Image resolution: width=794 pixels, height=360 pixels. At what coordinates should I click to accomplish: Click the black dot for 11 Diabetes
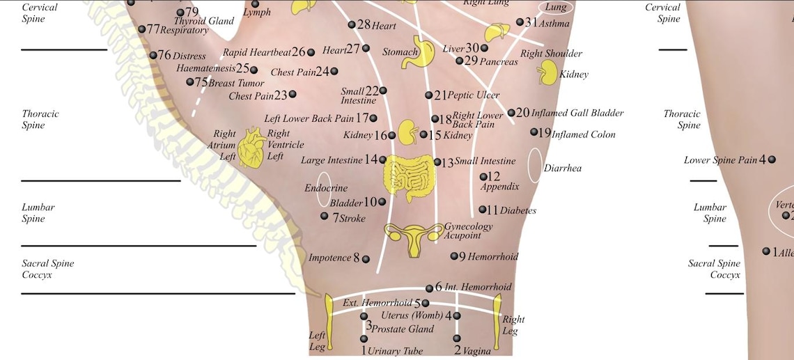pos(483,210)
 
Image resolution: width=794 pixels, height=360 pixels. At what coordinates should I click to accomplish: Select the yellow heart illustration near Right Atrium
pos(251,148)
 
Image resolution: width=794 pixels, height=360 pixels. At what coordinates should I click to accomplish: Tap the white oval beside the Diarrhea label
pos(535,166)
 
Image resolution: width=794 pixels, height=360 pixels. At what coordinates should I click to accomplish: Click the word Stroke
pos(352,219)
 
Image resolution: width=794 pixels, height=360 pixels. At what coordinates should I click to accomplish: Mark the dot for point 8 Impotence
pos(366,259)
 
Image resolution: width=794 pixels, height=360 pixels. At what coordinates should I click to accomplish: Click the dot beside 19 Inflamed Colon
pos(534,132)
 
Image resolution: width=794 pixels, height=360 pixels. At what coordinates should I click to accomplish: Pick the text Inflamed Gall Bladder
pos(577,113)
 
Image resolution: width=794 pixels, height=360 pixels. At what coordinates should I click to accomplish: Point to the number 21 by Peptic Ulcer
pos(440,95)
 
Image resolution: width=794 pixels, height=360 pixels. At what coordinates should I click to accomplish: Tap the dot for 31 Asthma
pos(520,22)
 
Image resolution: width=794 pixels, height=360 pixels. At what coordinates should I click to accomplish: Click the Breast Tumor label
pos(237,83)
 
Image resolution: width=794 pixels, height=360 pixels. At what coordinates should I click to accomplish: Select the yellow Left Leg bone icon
pos(329,322)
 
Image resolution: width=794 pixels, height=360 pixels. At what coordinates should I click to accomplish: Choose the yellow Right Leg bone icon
pos(498,322)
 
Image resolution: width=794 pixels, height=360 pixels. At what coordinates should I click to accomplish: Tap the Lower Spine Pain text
pos(720,160)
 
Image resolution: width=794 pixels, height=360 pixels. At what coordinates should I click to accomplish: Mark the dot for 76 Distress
pos(153,55)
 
